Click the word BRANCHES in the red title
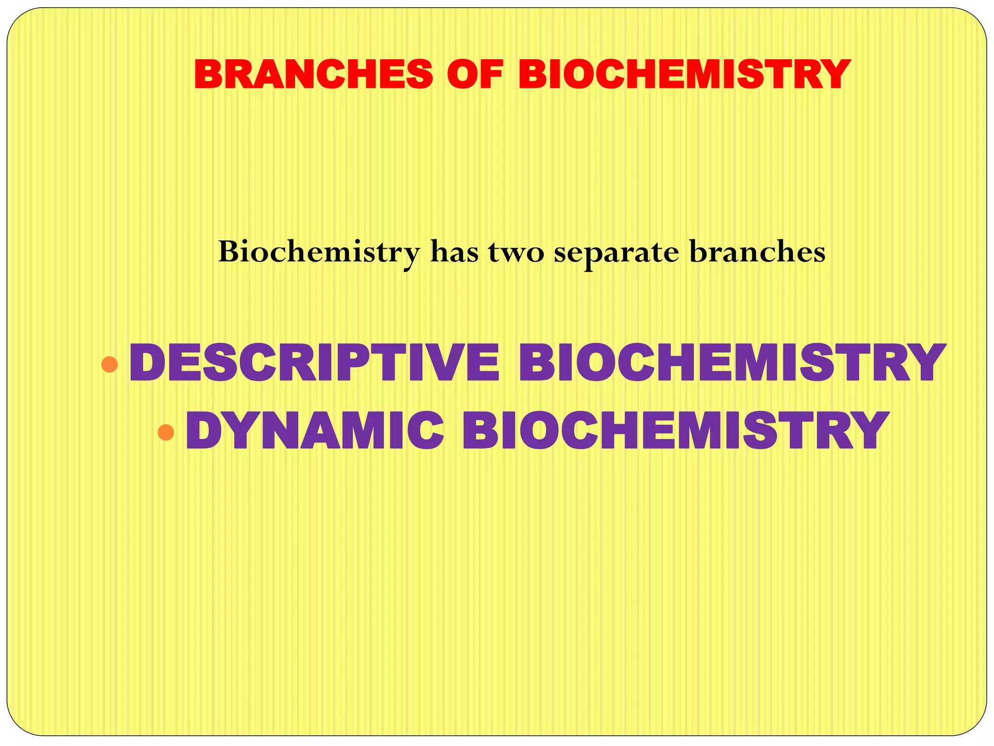313,74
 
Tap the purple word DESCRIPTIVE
314,363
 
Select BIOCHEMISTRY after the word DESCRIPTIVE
732,363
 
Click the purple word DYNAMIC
315,430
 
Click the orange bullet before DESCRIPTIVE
110,364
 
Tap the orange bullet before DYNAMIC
166,432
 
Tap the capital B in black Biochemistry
229,252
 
